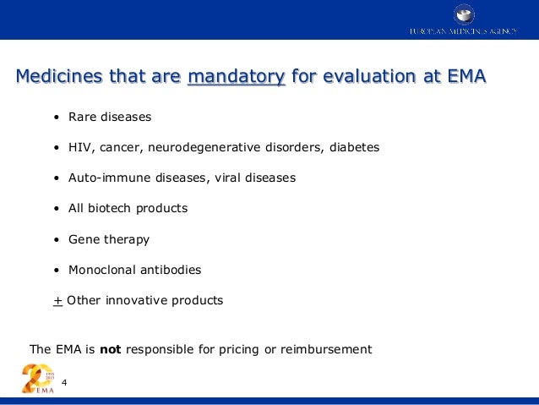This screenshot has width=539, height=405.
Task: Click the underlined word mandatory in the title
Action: pyautogui.click(x=236, y=77)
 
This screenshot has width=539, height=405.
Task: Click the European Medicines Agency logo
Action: pyautogui.click(x=463, y=20)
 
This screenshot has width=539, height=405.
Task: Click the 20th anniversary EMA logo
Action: pyautogui.click(x=37, y=378)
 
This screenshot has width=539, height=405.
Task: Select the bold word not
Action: pyautogui.click(x=111, y=348)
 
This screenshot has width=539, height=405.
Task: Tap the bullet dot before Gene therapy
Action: pyautogui.click(x=56, y=239)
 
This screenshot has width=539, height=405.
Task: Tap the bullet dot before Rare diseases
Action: pyautogui.click(x=56, y=117)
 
